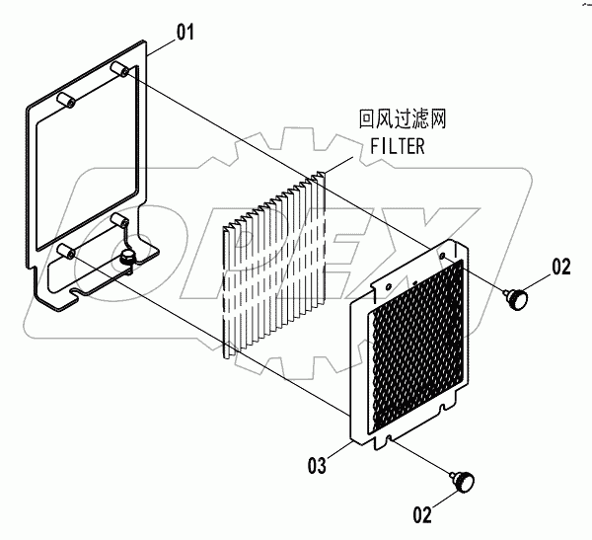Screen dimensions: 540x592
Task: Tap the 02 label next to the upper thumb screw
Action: pos(560,266)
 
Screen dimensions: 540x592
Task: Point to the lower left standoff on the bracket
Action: pos(68,251)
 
